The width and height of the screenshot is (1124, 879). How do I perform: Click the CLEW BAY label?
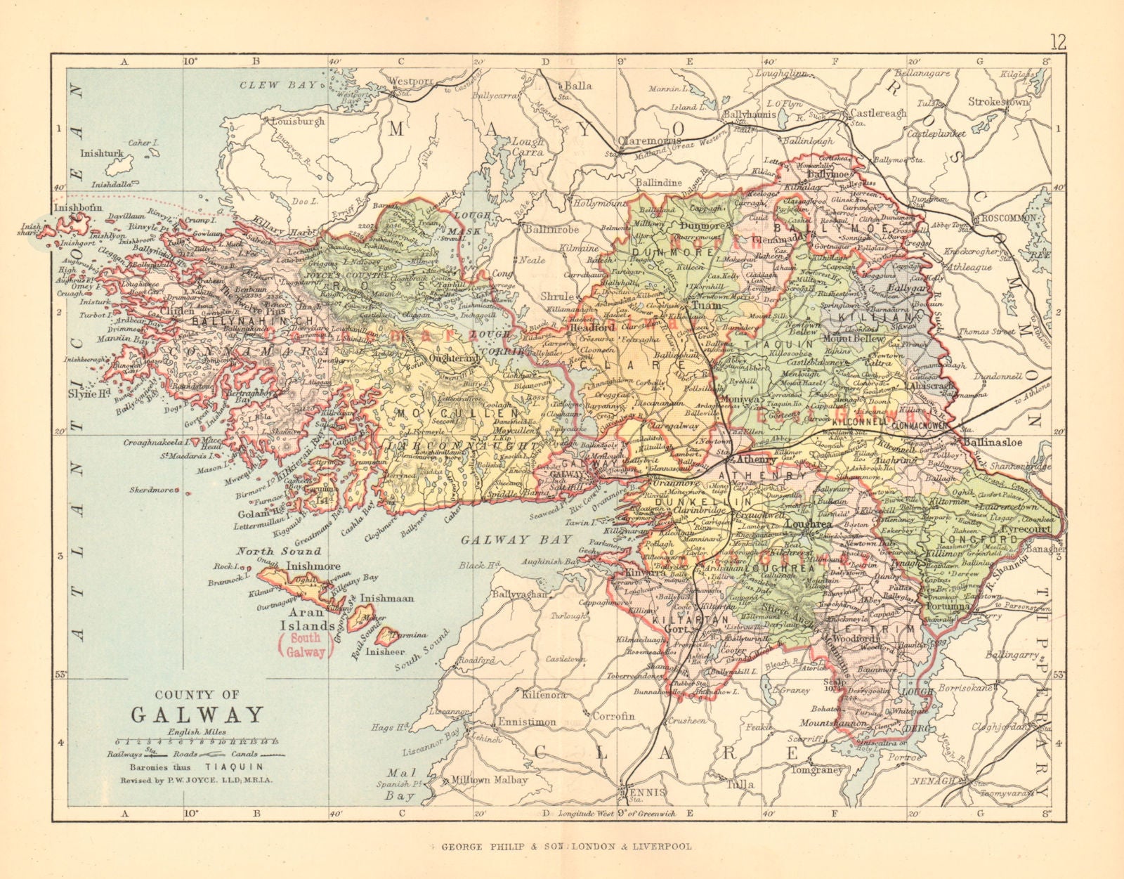click(x=269, y=85)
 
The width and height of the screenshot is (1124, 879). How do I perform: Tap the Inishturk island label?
click(x=102, y=152)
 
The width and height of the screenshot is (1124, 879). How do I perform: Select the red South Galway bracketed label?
click(x=306, y=645)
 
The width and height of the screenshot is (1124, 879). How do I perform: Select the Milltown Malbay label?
click(x=490, y=780)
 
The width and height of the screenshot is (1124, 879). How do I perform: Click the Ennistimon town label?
click(x=526, y=722)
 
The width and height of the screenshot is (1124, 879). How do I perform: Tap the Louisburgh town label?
click(x=299, y=122)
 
